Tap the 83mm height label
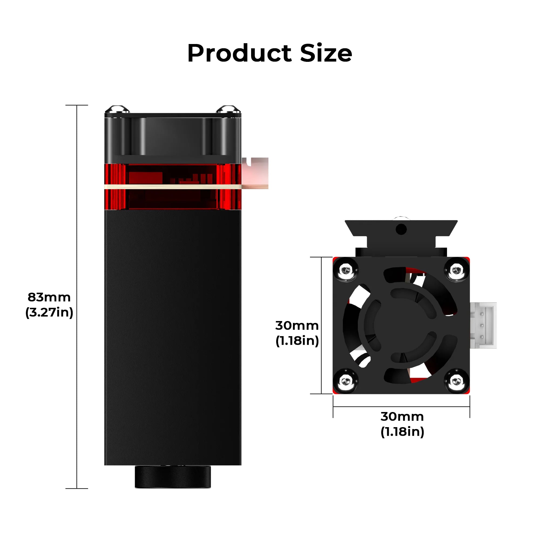(49, 297)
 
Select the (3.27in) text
(49, 312)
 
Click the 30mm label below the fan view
(402, 417)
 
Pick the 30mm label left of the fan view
(297, 326)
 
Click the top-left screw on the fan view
(346, 270)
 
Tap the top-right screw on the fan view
(456, 270)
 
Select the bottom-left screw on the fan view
(346, 381)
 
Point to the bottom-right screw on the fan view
(456, 381)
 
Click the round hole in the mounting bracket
(401, 229)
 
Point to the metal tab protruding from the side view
(255, 173)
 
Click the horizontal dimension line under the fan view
(401, 407)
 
